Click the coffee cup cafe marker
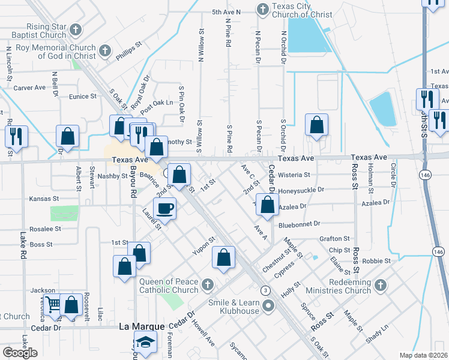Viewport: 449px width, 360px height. tap(164, 208)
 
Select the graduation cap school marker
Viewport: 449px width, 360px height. tap(144, 343)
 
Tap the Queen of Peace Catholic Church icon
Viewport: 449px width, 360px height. tap(207, 284)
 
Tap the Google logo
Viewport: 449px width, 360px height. tap(20, 353)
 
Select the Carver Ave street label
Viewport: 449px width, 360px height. tap(29, 88)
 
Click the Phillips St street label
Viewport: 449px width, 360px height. tap(129, 52)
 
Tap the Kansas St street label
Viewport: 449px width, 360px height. tap(44, 198)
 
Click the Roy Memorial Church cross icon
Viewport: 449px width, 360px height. tap(105, 50)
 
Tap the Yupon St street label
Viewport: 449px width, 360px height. tap(204, 245)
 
